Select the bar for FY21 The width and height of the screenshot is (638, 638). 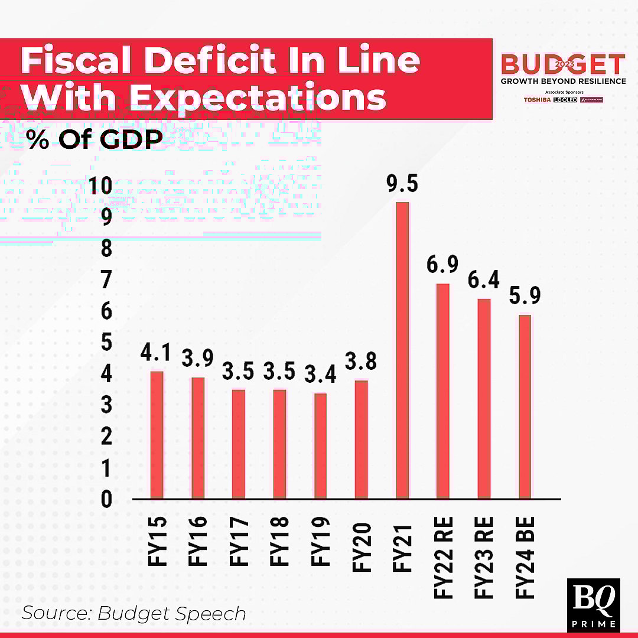pyautogui.click(x=402, y=351)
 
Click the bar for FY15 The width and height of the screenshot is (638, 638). pyautogui.click(x=157, y=435)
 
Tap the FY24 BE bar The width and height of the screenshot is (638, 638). pyautogui.click(x=525, y=407)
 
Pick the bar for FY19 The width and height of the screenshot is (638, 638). pyautogui.click(x=320, y=446)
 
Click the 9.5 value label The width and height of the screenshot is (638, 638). pyautogui.click(x=402, y=184)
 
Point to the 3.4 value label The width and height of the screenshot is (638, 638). pyautogui.click(x=320, y=375)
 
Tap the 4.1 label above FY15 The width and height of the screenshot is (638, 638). pyautogui.click(x=156, y=353)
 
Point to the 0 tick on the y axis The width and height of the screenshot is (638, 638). pyautogui.click(x=106, y=500)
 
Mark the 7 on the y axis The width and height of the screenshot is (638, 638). pyautogui.click(x=106, y=281)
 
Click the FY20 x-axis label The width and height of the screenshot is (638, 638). pyautogui.click(x=362, y=547)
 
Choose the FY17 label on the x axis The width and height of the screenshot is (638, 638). pyautogui.click(x=239, y=541)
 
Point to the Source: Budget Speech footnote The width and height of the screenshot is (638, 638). pyautogui.click(x=134, y=613)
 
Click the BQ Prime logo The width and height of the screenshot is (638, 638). pyautogui.click(x=593, y=604)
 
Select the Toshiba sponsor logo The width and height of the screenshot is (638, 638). pyautogui.click(x=536, y=100)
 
